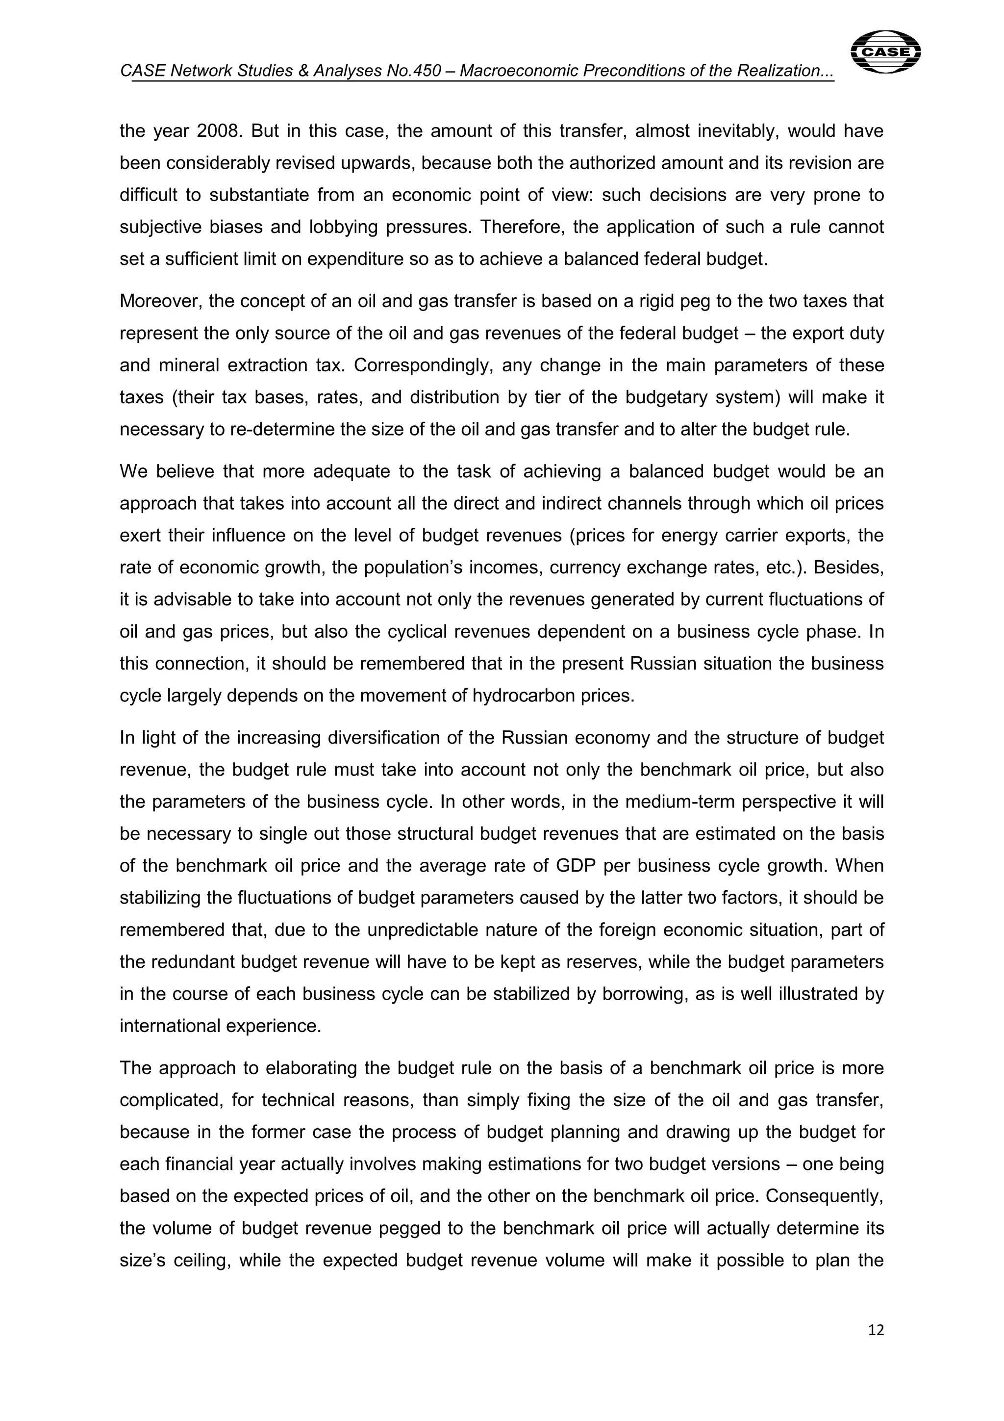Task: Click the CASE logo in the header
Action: [x=885, y=52]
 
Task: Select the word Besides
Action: [x=849, y=568]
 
